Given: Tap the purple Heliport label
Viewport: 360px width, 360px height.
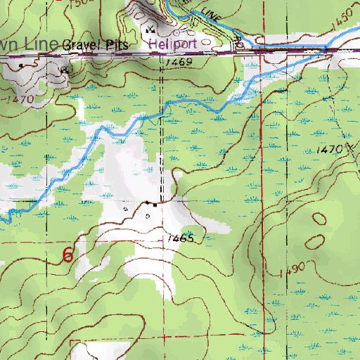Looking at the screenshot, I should pyautogui.click(x=176, y=43).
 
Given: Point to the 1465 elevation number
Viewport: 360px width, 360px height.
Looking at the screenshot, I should pyautogui.click(x=181, y=239).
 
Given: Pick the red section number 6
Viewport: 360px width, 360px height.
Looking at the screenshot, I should pyautogui.click(x=67, y=255).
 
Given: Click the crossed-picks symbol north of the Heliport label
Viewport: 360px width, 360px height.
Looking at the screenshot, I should pyautogui.click(x=150, y=30).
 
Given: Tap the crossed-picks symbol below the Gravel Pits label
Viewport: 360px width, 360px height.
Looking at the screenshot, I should pyautogui.click(x=65, y=70).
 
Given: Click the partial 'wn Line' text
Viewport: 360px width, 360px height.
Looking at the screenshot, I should pyautogui.click(x=27, y=44).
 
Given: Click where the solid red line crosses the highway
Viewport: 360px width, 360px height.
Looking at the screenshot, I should pyautogui.click(x=260, y=51).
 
